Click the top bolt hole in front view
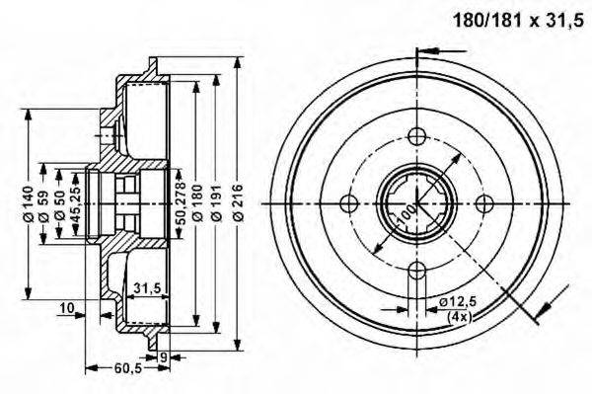pyautogui.click(x=415, y=135)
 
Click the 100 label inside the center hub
pyautogui.click(x=406, y=211)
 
